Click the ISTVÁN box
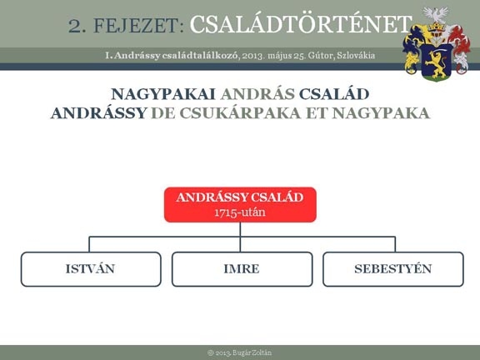coord(91,269)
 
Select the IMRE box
coord(242,269)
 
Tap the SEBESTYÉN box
coord(393,269)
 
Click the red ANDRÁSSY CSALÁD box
coord(240,204)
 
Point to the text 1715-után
coord(240,212)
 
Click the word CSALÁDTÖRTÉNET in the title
coord(301,24)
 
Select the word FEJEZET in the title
coord(136,26)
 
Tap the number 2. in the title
coord(77,26)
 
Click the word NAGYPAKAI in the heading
coord(163,94)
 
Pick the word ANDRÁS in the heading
coord(257,94)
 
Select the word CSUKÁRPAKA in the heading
coord(240,113)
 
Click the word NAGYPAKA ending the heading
coord(381,113)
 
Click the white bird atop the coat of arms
coord(436,14)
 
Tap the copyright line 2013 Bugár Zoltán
coord(240,352)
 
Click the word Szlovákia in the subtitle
coord(356,55)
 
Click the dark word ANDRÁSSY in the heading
coord(98,113)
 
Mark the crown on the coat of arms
coord(436,27)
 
